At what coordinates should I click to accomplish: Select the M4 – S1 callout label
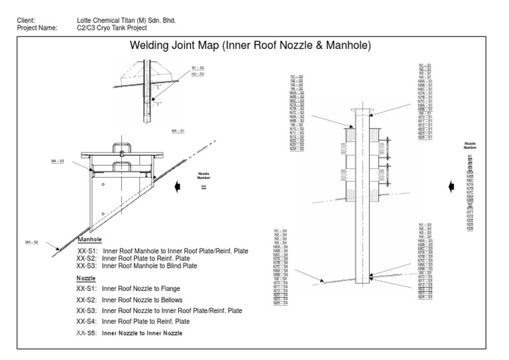(178, 131)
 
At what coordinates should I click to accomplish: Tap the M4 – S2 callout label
(31, 242)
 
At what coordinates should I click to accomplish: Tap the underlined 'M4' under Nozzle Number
(204, 187)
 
